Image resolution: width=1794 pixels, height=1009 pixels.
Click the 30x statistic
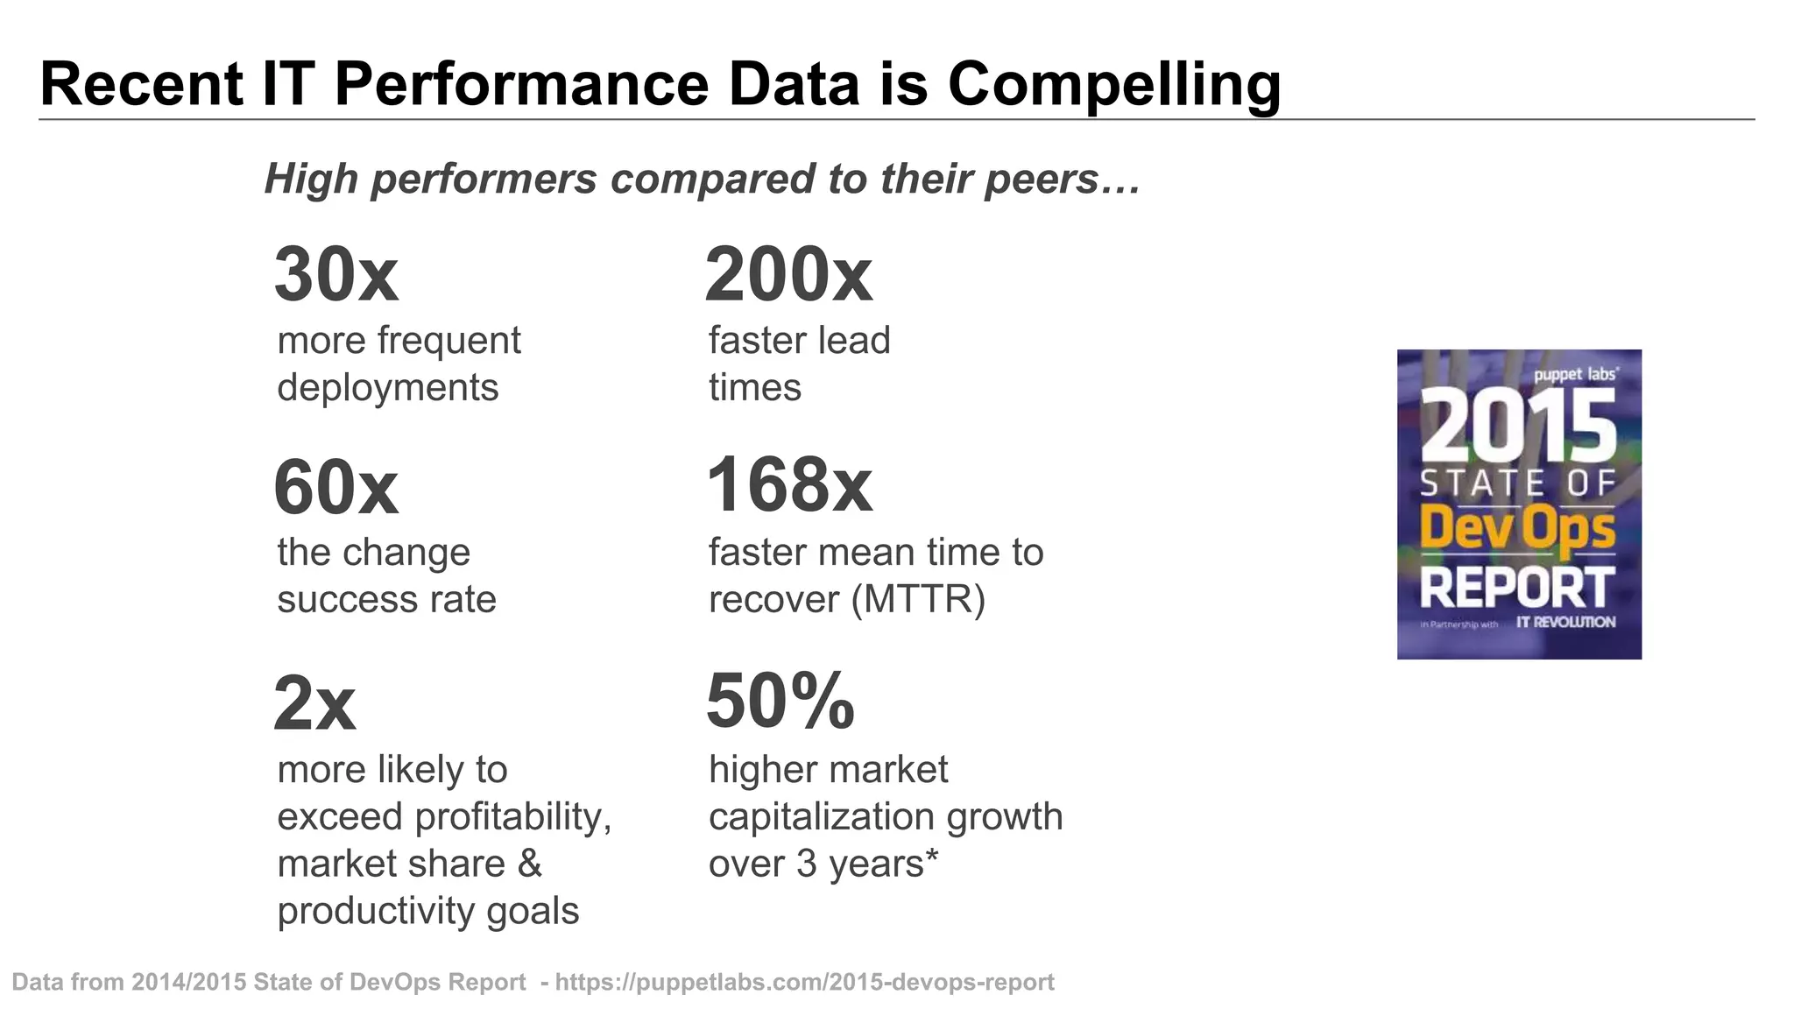(x=336, y=275)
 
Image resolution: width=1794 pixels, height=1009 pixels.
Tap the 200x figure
(x=788, y=275)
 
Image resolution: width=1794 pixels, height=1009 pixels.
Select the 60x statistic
(x=335, y=487)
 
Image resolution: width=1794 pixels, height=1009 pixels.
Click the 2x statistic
(x=314, y=703)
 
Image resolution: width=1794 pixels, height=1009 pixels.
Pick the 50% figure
(x=780, y=701)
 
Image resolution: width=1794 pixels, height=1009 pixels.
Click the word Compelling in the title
(x=1114, y=85)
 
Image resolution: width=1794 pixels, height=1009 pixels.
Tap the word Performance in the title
(x=521, y=85)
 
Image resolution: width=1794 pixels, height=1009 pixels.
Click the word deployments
(x=387, y=387)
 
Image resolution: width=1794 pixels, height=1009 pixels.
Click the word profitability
(x=512, y=817)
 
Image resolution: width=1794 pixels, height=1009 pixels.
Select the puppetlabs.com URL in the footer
(x=804, y=982)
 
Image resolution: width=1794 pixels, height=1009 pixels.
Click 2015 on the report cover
(x=1518, y=426)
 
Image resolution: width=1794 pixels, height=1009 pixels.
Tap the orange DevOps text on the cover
(x=1518, y=528)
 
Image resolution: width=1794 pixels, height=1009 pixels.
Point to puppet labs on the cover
(x=1575, y=375)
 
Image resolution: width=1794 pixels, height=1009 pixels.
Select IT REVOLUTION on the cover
(x=1565, y=622)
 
